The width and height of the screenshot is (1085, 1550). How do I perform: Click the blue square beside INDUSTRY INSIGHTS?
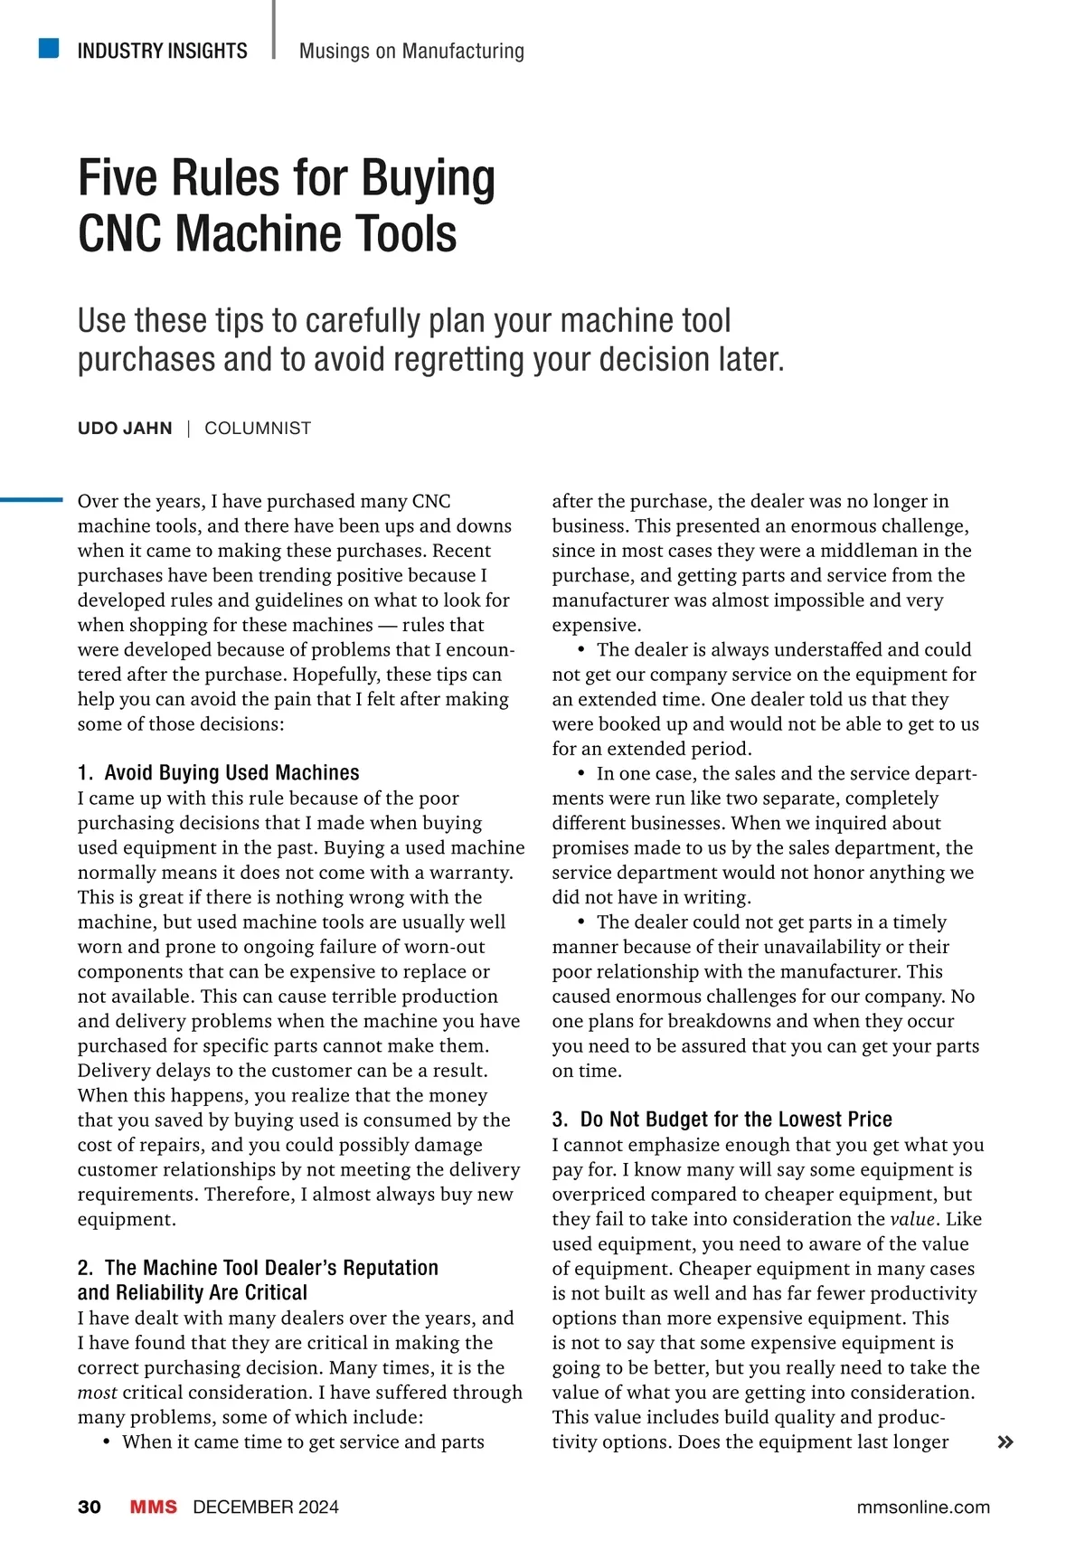49,48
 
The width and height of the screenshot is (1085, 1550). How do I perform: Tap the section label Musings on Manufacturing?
411,51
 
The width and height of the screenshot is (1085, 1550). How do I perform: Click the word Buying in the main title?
429,178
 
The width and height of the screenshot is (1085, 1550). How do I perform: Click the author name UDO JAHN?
125,429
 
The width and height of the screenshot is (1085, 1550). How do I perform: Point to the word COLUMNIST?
258,429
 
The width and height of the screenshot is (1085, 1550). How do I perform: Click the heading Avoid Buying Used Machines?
231,772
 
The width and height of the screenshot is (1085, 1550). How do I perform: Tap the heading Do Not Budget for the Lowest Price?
736,1120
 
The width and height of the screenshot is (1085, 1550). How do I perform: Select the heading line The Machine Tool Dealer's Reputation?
271,1268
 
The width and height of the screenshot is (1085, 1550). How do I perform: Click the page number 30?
90,1507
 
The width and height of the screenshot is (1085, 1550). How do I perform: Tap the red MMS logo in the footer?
154,1507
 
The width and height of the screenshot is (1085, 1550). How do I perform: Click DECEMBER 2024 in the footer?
266,1507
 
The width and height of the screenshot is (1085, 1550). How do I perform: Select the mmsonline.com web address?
923,1507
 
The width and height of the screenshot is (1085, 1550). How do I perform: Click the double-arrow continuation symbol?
1005,1442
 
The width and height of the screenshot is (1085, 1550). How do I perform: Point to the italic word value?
911,1219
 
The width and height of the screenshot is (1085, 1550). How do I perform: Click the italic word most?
97,1393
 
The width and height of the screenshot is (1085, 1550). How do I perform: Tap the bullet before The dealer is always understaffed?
581,649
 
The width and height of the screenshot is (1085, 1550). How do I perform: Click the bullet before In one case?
581,773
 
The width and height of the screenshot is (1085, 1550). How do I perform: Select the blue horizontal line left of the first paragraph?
31,499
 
